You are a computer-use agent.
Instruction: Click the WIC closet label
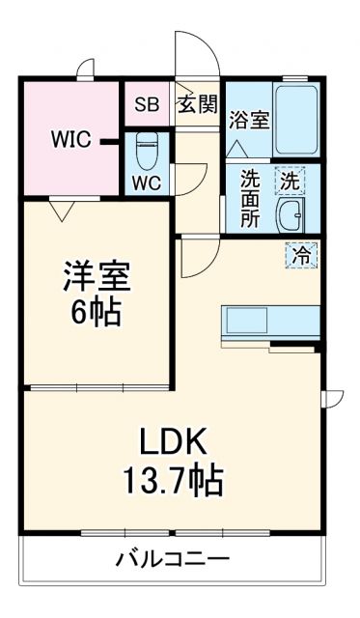70,139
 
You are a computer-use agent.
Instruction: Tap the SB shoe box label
147,105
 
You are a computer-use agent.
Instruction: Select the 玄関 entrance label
197,105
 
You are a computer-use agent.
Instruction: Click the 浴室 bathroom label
249,122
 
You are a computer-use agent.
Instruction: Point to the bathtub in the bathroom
297,119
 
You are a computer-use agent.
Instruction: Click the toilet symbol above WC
147,150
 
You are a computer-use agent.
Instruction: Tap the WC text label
147,183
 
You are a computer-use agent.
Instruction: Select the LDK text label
173,441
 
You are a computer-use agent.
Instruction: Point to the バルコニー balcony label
174,558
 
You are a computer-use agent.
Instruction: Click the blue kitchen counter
271,321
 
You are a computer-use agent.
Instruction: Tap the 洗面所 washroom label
250,199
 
